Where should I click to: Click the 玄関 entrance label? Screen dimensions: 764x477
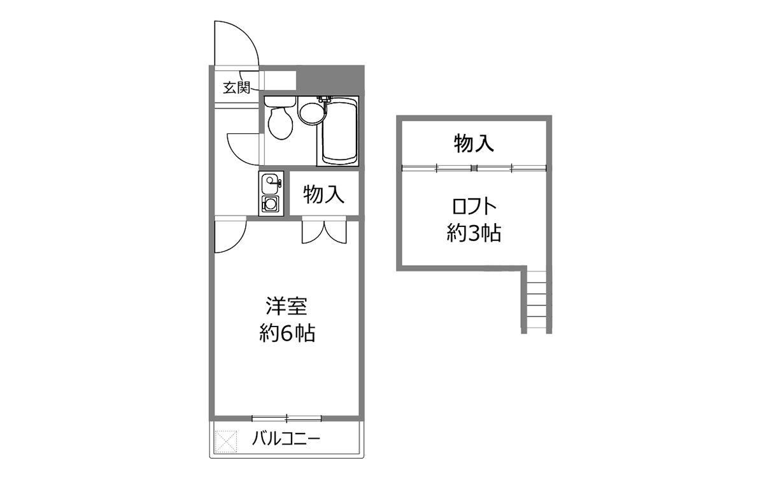[x=236, y=88]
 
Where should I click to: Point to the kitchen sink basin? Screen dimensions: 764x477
[x=270, y=184]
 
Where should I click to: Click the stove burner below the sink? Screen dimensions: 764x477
[x=270, y=205]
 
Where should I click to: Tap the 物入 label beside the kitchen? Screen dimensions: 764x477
[x=323, y=194]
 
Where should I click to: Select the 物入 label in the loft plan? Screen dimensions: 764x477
[x=474, y=143]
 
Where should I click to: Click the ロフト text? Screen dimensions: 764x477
[x=474, y=206]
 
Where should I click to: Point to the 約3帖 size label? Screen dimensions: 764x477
[x=474, y=233]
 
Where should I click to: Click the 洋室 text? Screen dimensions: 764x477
[x=286, y=306]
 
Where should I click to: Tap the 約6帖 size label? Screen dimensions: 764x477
[x=287, y=333]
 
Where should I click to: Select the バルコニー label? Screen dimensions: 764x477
[x=286, y=438]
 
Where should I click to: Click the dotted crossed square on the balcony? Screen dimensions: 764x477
[x=226, y=442]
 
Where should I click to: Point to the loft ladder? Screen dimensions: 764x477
[x=537, y=302]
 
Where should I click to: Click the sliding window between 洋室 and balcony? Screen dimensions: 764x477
[x=286, y=418]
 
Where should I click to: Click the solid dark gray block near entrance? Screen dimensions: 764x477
[x=330, y=80]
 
